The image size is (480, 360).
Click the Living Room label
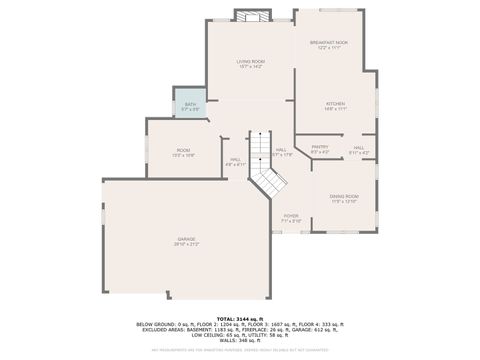pos(250,61)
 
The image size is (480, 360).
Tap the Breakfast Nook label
pos(328,42)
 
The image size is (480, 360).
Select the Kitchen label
pos(334,103)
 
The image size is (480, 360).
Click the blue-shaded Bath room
pos(190,103)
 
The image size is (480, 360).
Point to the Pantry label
pos(319,147)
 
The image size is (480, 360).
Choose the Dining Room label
pos(344,196)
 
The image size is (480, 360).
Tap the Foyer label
pos(291,215)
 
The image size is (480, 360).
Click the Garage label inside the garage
pos(187,239)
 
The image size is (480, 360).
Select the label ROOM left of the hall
pos(183,150)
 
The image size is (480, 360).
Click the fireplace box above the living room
pos(252,16)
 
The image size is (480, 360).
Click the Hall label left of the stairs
pos(236,159)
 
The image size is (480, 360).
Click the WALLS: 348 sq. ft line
pos(239,340)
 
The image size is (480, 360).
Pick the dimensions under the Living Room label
pos(250,67)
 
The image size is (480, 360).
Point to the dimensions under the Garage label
pos(187,245)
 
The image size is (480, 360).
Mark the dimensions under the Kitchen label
pos(334,109)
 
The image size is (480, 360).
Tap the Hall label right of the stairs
pos(282,150)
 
